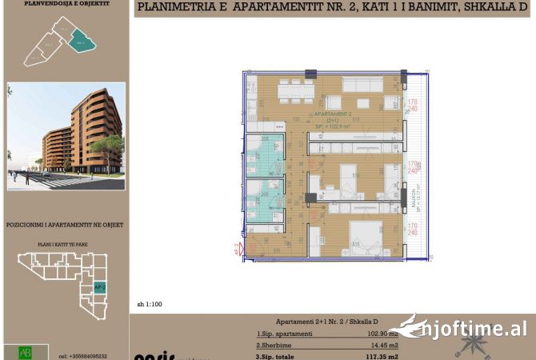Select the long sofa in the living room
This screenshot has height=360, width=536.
click(364, 85)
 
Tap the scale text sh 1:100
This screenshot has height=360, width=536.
click(150, 304)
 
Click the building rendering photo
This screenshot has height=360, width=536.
click(66, 136)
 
